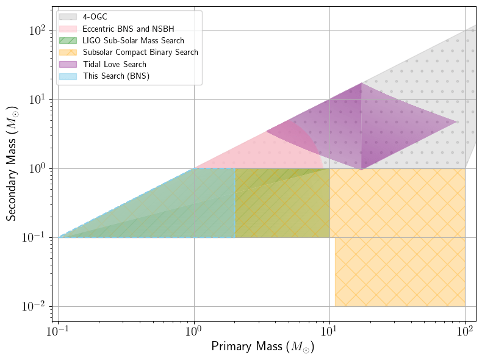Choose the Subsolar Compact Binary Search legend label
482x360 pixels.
[x=140, y=52]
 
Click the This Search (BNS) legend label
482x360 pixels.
[x=116, y=76]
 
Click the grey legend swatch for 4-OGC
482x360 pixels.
[x=68, y=18]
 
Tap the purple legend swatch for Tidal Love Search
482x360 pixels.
[x=68, y=64]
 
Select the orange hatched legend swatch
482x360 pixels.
[x=68, y=52]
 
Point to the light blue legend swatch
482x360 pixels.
[x=68, y=76]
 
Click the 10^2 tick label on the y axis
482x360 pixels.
[x=40, y=31]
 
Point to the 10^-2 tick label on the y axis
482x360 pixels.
[x=37, y=306]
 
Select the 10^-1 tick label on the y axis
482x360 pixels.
[x=37, y=237]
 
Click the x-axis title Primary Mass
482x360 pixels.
[x=262, y=347]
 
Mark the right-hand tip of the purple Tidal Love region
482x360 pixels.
[x=458, y=122]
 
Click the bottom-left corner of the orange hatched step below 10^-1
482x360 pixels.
[x=335, y=306]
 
